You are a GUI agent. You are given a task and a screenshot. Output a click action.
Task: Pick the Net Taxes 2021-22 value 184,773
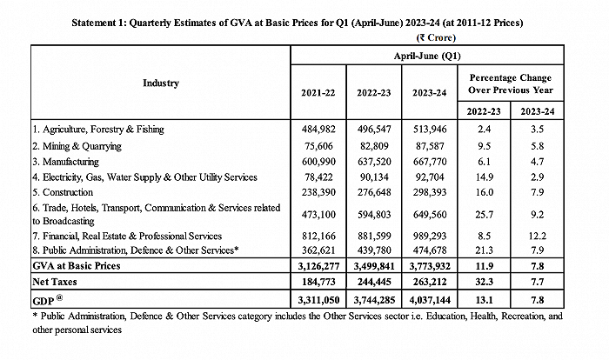pos(319,281)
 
